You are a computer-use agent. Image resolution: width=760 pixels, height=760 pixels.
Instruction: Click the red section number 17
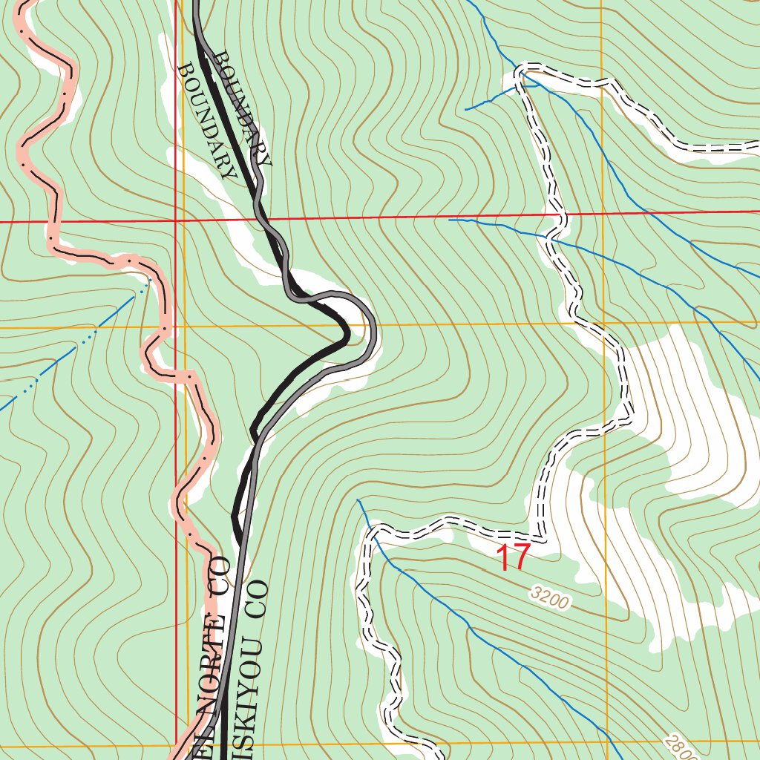[x=513, y=557]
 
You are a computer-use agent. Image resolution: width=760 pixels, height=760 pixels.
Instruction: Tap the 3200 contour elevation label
[x=551, y=597]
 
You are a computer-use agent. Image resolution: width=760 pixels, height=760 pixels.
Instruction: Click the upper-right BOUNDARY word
[x=242, y=108]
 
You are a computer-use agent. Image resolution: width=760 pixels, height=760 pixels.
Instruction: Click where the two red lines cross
[x=176, y=221]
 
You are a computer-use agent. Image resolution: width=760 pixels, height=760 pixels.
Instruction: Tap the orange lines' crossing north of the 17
[x=603, y=323]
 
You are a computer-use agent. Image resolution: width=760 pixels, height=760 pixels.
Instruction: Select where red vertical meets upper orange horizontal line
[x=176, y=326]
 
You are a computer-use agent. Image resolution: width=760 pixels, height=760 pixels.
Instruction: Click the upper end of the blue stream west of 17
[x=358, y=501]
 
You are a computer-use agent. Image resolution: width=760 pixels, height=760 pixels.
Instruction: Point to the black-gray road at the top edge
[x=197, y=4]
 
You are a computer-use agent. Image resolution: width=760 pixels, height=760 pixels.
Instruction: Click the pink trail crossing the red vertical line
[x=177, y=374]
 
